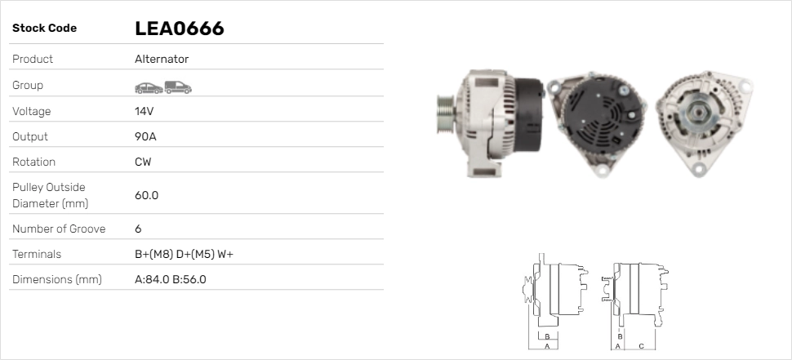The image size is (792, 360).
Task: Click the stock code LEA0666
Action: click(180, 29)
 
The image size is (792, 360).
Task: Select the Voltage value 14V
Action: click(144, 111)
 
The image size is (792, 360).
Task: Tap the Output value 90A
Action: click(145, 136)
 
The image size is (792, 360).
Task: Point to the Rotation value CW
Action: click(143, 162)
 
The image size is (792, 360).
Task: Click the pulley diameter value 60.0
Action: click(146, 195)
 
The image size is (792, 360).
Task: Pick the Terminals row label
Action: click(37, 254)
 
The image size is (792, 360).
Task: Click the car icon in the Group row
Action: click(149, 88)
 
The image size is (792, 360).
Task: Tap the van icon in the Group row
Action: click(178, 87)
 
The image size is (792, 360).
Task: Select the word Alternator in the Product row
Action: click(162, 59)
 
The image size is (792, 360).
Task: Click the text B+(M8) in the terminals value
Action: click(154, 254)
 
